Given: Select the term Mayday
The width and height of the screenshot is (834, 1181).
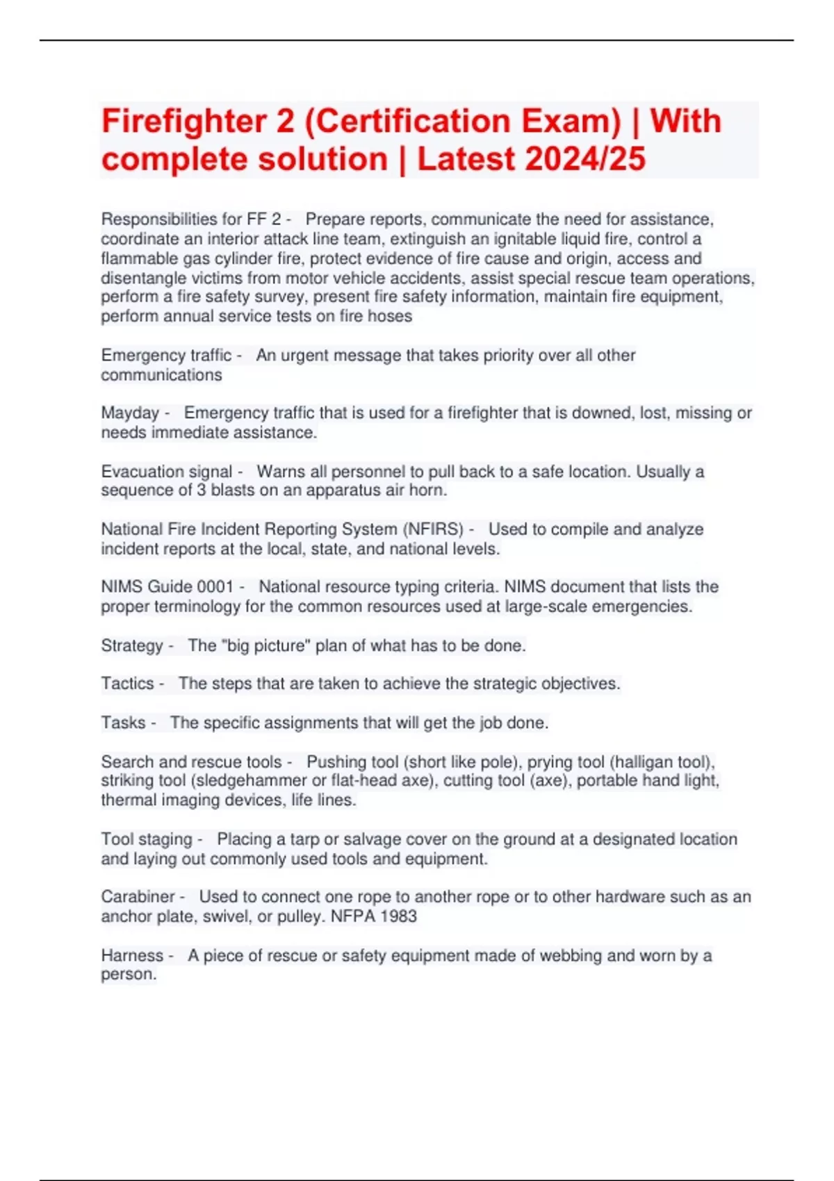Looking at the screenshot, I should pos(130,413).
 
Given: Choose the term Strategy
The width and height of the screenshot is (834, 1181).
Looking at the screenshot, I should pos(132,646).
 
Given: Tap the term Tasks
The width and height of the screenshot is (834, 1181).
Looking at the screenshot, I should pos(124,723).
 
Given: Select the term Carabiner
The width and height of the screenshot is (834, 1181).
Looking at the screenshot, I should pos(138,897).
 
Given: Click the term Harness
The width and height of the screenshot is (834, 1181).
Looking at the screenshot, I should pos(132,956).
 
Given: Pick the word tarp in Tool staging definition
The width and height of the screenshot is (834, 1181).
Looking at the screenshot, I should pos(304,839).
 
